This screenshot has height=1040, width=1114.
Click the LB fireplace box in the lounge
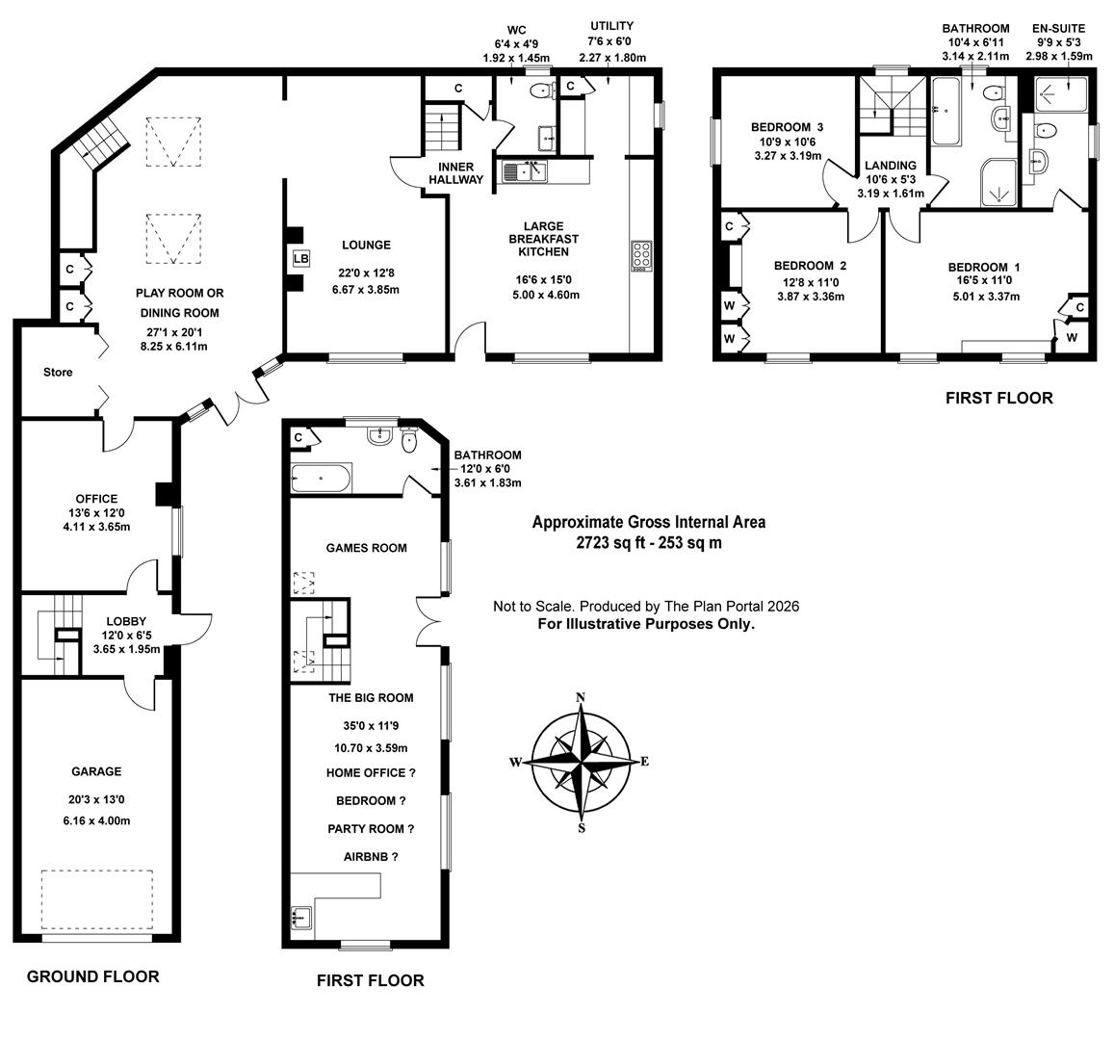click(299, 259)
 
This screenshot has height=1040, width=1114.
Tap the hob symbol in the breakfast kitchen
click(641, 254)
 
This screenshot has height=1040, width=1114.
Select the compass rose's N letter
click(580, 698)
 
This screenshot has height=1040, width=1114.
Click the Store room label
click(57, 372)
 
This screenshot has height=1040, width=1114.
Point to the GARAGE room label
click(96, 771)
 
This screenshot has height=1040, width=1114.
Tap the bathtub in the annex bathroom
click(322, 478)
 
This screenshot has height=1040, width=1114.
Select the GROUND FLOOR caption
click(92, 976)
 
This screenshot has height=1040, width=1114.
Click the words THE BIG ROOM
click(371, 698)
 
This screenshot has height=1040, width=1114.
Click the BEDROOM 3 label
click(787, 127)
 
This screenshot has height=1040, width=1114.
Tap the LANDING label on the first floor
click(890, 166)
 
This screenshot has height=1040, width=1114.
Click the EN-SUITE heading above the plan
click(1059, 29)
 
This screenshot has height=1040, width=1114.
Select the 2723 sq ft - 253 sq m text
click(649, 542)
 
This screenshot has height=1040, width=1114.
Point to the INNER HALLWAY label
click(455, 173)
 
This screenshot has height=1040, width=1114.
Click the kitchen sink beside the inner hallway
click(523, 172)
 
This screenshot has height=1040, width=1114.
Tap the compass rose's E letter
click(644, 762)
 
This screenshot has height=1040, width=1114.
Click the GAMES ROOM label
click(366, 548)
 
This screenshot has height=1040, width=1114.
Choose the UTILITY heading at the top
click(611, 26)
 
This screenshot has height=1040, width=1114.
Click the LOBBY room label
click(125, 621)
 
